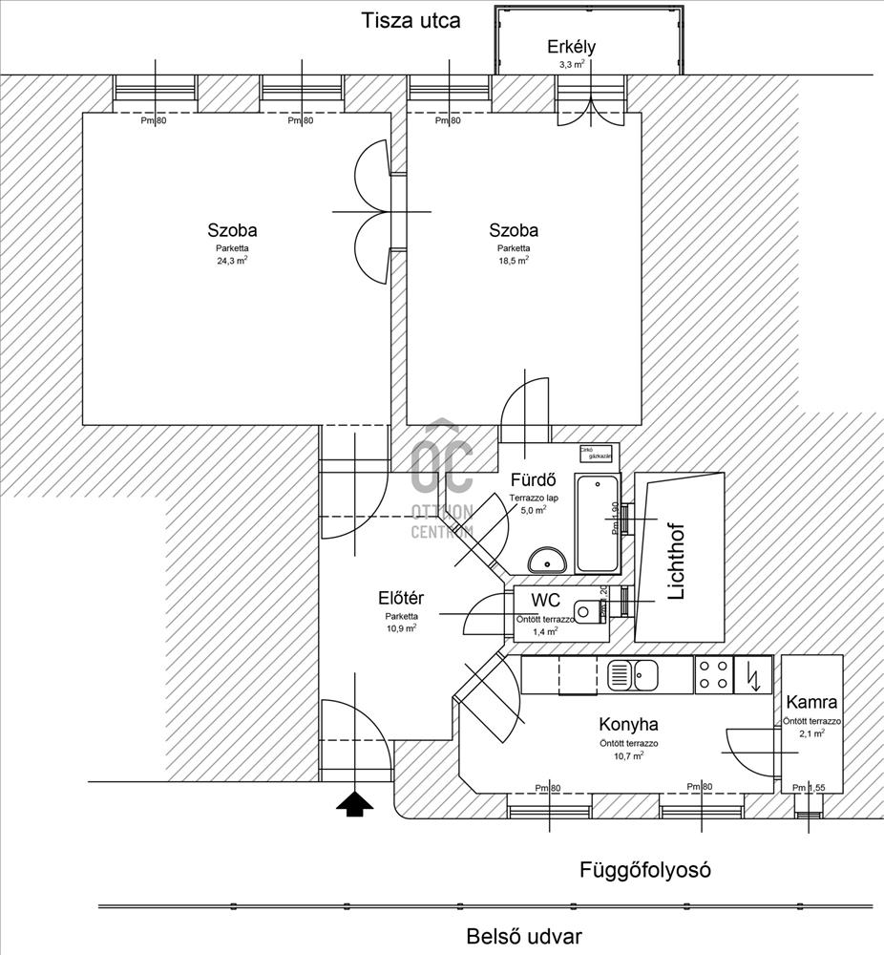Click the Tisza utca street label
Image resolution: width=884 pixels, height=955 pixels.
410,21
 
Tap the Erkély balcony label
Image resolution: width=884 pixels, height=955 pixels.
571,48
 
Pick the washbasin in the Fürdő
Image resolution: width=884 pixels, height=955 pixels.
547,558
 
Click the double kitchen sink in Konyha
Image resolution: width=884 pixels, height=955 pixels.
632,674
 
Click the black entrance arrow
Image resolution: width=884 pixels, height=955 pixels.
354,804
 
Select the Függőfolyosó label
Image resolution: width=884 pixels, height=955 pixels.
645,870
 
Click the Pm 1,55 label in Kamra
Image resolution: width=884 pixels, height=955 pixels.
809,788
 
